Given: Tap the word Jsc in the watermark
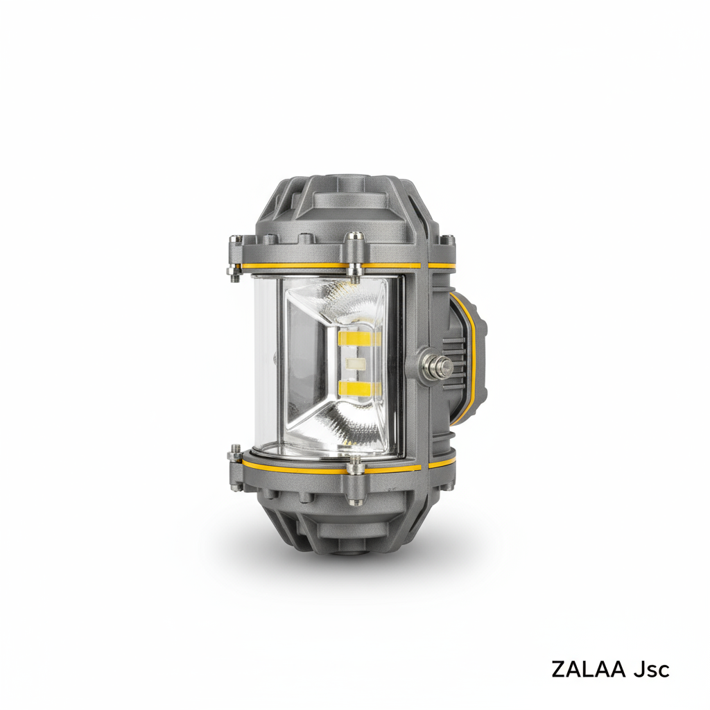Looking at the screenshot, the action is (651, 669).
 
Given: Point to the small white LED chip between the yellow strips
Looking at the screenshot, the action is (356, 363).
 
